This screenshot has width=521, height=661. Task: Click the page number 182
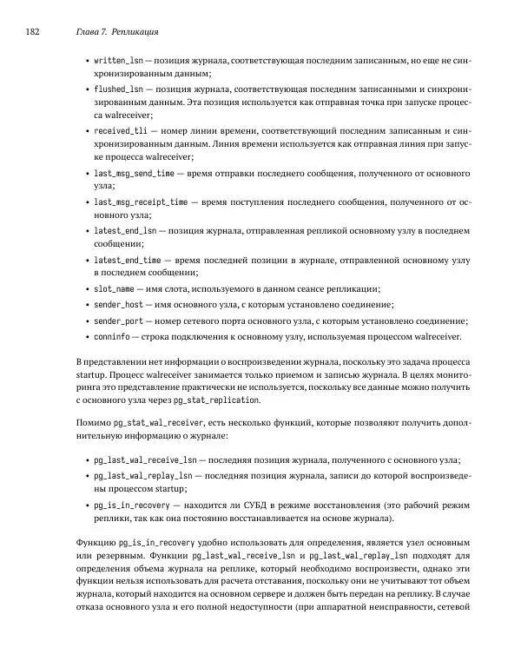32,32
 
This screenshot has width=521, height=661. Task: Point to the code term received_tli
121,130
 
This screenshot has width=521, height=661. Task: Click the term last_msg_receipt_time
140,202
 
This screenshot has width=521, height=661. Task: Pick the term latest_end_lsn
125,230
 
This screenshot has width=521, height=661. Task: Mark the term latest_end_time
127,259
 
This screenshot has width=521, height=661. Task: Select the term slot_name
114,288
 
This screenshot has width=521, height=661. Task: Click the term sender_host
118,304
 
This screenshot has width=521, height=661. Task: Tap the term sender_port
118,321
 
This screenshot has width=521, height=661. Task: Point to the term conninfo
112,337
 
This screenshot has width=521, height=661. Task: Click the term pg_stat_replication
216,400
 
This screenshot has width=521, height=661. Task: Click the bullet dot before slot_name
85,288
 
